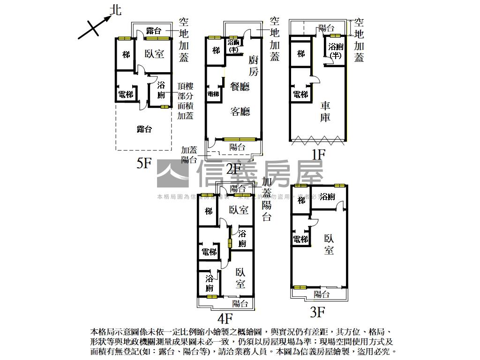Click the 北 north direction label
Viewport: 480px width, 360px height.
115,10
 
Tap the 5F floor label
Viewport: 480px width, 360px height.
144,163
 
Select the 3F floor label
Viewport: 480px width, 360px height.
317,311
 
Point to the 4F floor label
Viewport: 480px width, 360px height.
225,319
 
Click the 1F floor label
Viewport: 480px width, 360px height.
318,154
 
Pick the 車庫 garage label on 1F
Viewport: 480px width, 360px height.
325,112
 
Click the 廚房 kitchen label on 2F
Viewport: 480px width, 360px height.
253,66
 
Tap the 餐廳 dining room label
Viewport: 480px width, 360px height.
240,86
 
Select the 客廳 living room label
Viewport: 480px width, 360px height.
240,111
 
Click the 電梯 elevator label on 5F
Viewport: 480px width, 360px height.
126,95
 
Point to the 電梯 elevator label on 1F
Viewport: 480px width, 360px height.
300,94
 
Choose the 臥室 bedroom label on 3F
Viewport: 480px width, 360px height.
329,244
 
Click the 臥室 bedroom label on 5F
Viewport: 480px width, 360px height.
154,54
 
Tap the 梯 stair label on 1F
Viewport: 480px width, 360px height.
301,54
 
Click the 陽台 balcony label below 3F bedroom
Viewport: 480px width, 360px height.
321,294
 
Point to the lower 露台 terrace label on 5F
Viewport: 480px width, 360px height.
144,129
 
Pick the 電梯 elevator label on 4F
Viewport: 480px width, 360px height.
209,252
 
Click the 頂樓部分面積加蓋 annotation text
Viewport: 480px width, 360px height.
186,101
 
